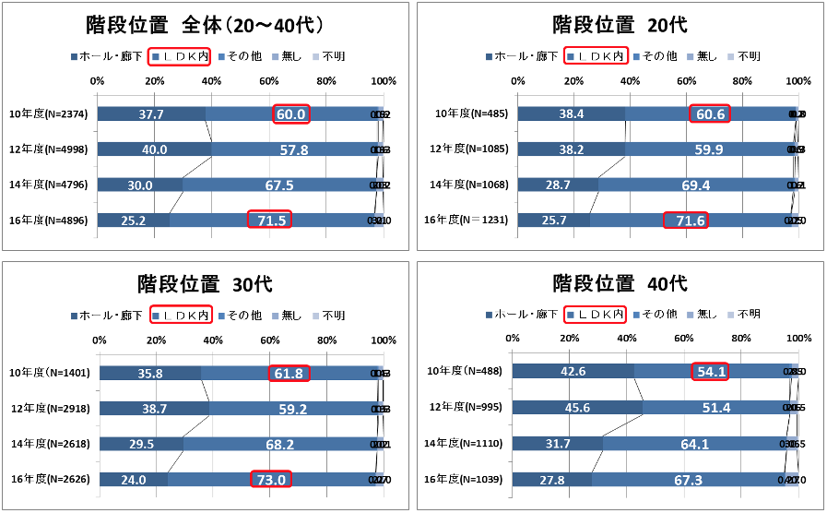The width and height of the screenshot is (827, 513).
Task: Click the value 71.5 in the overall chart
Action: (269, 220)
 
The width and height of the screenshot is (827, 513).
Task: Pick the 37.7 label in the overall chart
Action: (151, 114)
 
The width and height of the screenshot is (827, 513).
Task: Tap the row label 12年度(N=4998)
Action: (48, 149)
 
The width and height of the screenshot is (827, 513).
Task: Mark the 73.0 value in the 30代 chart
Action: (271, 479)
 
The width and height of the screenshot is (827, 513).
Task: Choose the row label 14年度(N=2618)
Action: (48, 444)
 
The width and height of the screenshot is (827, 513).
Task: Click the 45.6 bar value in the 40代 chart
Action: (576, 407)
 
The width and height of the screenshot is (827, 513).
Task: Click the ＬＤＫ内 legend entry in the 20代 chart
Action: (597, 56)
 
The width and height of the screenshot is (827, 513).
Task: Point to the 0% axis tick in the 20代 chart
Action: (517, 81)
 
